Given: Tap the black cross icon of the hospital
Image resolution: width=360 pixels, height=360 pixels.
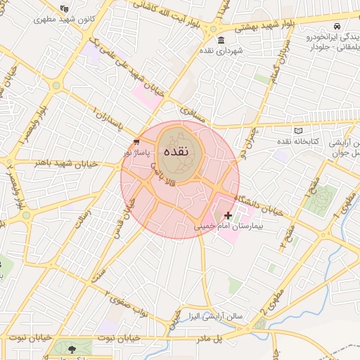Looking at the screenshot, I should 228,215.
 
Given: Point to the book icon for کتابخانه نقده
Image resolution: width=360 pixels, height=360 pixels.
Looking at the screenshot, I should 299,131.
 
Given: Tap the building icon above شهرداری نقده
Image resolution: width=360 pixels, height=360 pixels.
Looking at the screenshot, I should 221,39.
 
